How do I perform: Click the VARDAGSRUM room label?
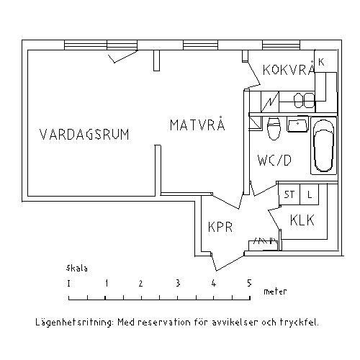tap(84, 135)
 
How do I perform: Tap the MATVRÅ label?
tap(197, 124)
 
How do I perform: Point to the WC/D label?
tap(274, 161)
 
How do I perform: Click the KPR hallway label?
tap(220, 227)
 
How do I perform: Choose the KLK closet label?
tap(302, 220)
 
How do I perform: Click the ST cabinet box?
tap(289, 194)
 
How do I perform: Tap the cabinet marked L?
tap(310, 194)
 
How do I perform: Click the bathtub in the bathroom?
tap(324, 145)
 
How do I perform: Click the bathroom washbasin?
tap(297, 125)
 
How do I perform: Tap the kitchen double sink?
tap(305, 100)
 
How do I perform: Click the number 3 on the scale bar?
tap(178, 283)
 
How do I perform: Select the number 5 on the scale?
tap(249, 283)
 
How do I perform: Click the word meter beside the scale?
tap(275, 292)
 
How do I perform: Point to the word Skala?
tap(77, 268)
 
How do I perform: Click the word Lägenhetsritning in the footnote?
tap(74, 323)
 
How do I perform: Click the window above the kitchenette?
tap(281, 45)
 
